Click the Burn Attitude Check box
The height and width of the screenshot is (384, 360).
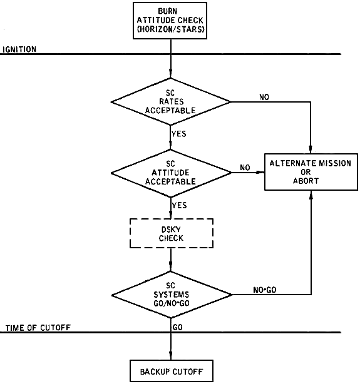(x=170, y=21)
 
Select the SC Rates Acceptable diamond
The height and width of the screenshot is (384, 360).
(x=171, y=102)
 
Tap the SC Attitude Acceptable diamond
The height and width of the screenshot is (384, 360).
(x=171, y=173)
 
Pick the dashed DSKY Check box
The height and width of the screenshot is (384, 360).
(x=171, y=233)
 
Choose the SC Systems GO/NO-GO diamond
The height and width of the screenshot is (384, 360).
(x=171, y=295)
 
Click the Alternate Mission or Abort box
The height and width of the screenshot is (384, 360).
(x=311, y=172)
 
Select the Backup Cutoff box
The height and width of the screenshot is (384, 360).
(x=171, y=371)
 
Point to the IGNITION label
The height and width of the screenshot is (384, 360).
(x=19, y=49)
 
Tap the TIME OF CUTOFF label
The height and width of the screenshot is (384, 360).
(x=38, y=328)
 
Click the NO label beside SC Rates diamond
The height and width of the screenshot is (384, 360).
(x=264, y=97)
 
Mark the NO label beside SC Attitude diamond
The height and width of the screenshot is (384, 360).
(x=245, y=168)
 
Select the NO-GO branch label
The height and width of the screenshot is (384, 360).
(x=265, y=290)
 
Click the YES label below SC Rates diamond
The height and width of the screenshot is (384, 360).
(x=179, y=134)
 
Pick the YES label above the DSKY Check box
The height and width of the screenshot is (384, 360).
(x=179, y=205)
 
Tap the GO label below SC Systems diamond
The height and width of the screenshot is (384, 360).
(x=178, y=328)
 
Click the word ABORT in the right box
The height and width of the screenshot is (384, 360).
(x=306, y=181)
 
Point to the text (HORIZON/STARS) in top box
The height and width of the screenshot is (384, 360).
(x=171, y=29)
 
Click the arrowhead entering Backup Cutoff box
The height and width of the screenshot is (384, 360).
(x=171, y=356)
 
